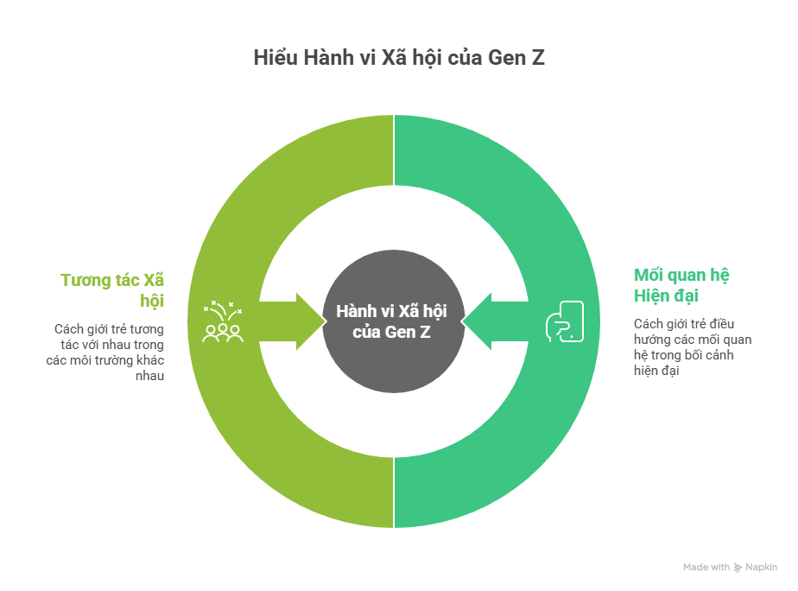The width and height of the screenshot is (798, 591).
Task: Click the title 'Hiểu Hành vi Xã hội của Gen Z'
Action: (399, 59)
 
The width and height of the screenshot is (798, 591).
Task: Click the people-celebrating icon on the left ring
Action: (223, 321)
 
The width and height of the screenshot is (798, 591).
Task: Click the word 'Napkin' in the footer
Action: (762, 568)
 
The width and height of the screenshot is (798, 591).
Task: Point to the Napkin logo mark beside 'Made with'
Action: (738, 568)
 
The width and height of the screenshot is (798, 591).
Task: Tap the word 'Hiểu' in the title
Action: (273, 59)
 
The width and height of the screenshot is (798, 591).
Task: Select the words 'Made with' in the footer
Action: (706, 568)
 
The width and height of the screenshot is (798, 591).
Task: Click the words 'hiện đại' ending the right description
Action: (657, 370)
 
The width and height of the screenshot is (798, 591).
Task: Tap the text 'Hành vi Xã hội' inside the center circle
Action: (394, 311)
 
